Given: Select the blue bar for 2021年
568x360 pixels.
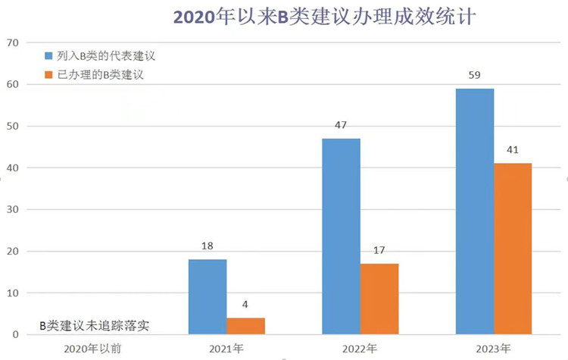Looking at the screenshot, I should (x=207, y=297).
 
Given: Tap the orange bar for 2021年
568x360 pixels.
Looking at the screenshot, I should (x=245, y=326).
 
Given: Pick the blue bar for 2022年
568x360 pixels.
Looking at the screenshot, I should (x=341, y=236).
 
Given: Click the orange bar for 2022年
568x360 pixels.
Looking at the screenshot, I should (x=379, y=299).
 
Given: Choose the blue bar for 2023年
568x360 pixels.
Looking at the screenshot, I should (x=475, y=211).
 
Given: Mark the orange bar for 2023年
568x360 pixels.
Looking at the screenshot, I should (x=513, y=249).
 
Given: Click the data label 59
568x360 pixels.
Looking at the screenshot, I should (x=475, y=76).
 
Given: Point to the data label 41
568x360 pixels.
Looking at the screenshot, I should (x=513, y=149).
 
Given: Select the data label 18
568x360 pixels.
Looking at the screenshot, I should (x=207, y=246).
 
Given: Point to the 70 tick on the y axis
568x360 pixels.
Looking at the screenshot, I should (x=11, y=42).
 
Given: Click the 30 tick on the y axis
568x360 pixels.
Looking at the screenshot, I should (x=11, y=209).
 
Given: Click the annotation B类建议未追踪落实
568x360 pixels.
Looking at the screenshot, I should (x=94, y=326).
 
